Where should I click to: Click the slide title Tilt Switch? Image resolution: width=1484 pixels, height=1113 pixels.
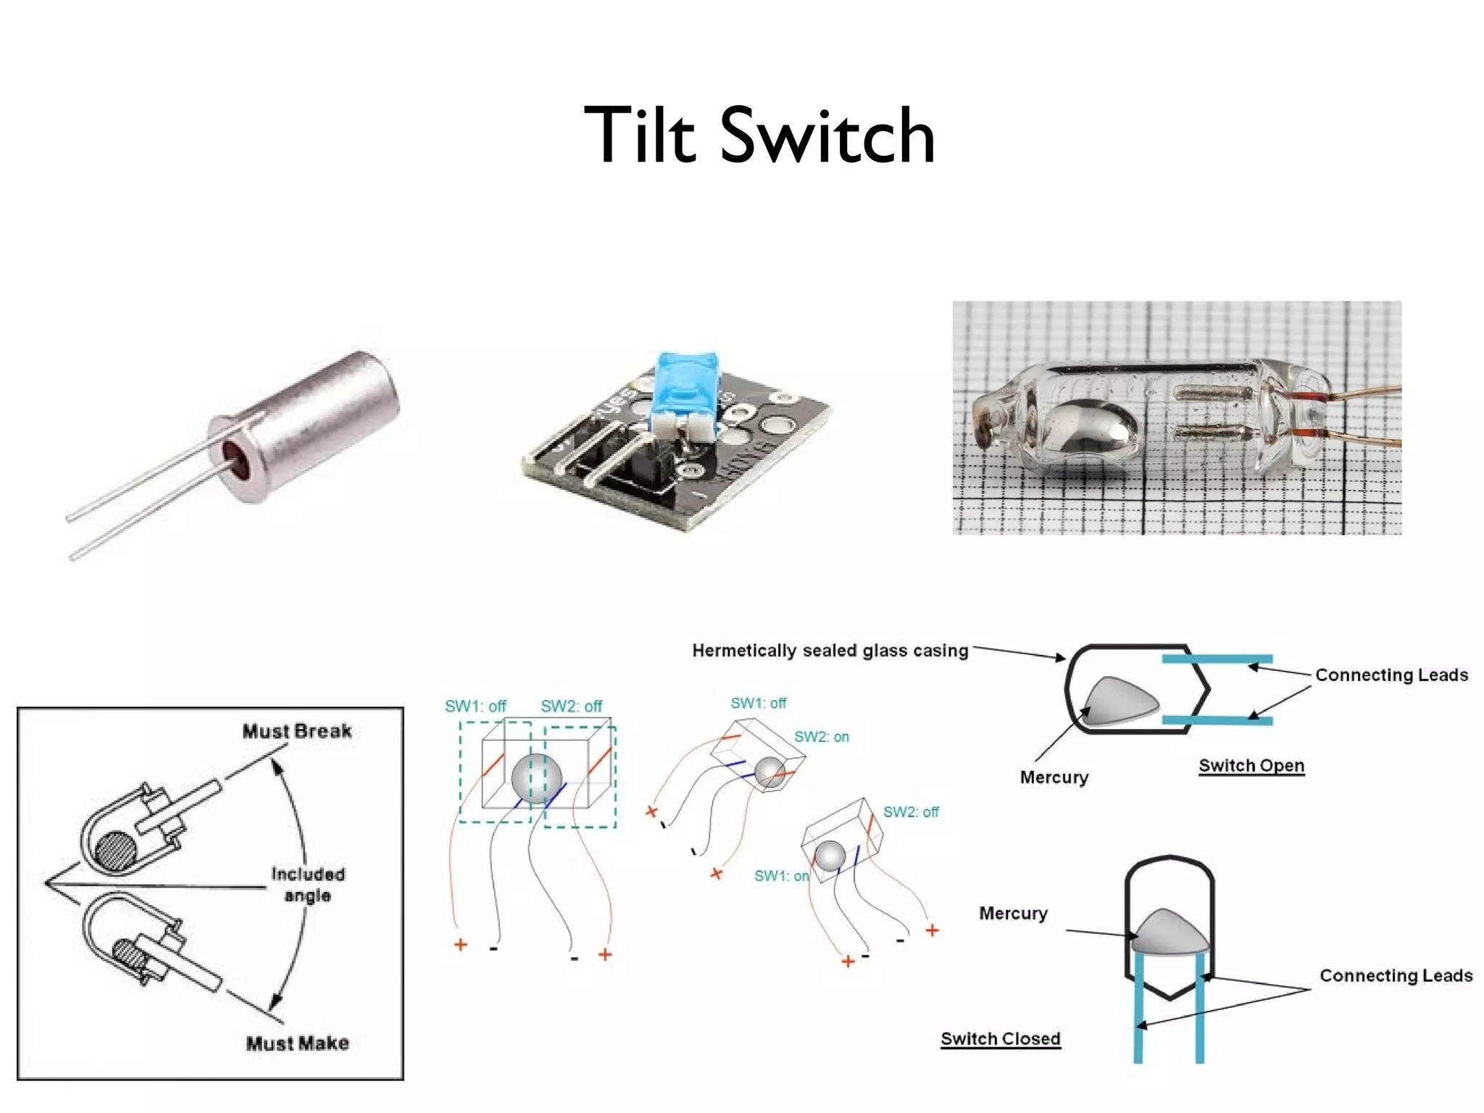(759, 136)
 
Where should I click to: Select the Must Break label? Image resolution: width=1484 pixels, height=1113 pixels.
(297, 730)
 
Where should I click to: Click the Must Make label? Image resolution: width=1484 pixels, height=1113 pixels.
(297, 1043)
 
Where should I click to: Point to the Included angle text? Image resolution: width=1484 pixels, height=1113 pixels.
(308, 884)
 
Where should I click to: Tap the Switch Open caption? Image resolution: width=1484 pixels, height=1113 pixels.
(1251, 765)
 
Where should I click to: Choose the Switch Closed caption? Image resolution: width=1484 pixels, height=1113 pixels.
(1000, 1038)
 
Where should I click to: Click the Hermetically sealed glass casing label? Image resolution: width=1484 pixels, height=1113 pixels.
(830, 650)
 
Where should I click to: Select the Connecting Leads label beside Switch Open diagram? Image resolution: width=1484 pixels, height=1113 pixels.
(1391, 675)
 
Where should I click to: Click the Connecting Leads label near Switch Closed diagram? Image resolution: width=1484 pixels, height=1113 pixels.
(1396, 975)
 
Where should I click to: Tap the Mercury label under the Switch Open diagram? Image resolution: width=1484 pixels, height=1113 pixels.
(1054, 777)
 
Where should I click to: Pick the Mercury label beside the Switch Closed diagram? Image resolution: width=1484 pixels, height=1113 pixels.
(1013, 913)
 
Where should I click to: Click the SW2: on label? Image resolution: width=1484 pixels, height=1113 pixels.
(821, 737)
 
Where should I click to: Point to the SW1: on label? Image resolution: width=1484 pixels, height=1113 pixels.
(781, 875)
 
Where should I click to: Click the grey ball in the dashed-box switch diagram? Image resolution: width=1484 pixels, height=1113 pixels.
(536, 778)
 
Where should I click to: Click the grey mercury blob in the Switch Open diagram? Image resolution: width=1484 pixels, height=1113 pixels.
(1120, 701)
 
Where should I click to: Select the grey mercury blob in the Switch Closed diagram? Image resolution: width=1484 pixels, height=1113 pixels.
(1170, 933)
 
